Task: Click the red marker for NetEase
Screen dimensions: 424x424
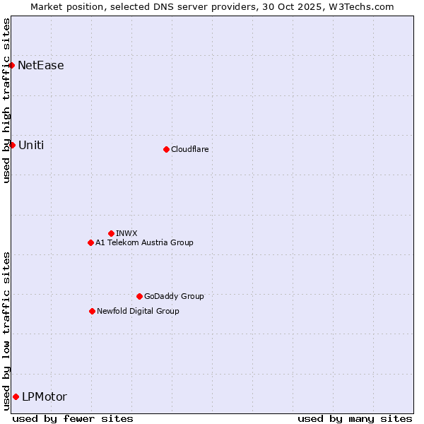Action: pyautogui.click(x=11, y=66)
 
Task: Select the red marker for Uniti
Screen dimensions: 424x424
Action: pyautogui.click(x=12, y=145)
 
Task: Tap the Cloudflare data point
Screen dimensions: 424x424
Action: pyautogui.click(x=166, y=149)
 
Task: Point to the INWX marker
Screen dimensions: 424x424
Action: pyautogui.click(x=111, y=233)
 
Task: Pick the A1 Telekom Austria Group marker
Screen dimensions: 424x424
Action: pyautogui.click(x=90, y=242)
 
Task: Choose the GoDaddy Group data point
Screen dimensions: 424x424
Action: pyautogui.click(x=139, y=296)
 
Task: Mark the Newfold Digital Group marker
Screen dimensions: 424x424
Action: pyautogui.click(x=92, y=311)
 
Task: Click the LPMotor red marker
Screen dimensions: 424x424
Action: pyautogui.click(x=16, y=396)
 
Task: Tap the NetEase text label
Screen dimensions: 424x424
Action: pyautogui.click(x=41, y=66)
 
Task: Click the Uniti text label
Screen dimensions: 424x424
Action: pyautogui.click(x=31, y=145)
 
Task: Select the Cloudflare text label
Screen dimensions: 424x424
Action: pyautogui.click(x=189, y=149)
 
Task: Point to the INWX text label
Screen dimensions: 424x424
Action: pyautogui.click(x=126, y=233)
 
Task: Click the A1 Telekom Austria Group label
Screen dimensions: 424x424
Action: pyautogui.click(x=144, y=242)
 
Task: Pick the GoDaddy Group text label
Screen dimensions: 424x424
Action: pyautogui.click(x=174, y=296)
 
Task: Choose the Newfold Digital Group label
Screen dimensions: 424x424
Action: pyautogui.click(x=138, y=311)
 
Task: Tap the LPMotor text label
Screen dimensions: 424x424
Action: pyautogui.click(x=45, y=396)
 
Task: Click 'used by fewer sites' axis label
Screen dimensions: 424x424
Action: pyautogui.click(x=73, y=418)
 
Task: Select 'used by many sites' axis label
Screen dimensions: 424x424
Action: pyautogui.click(x=355, y=418)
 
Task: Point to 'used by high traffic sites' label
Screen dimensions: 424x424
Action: pyautogui.click(x=6, y=100)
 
